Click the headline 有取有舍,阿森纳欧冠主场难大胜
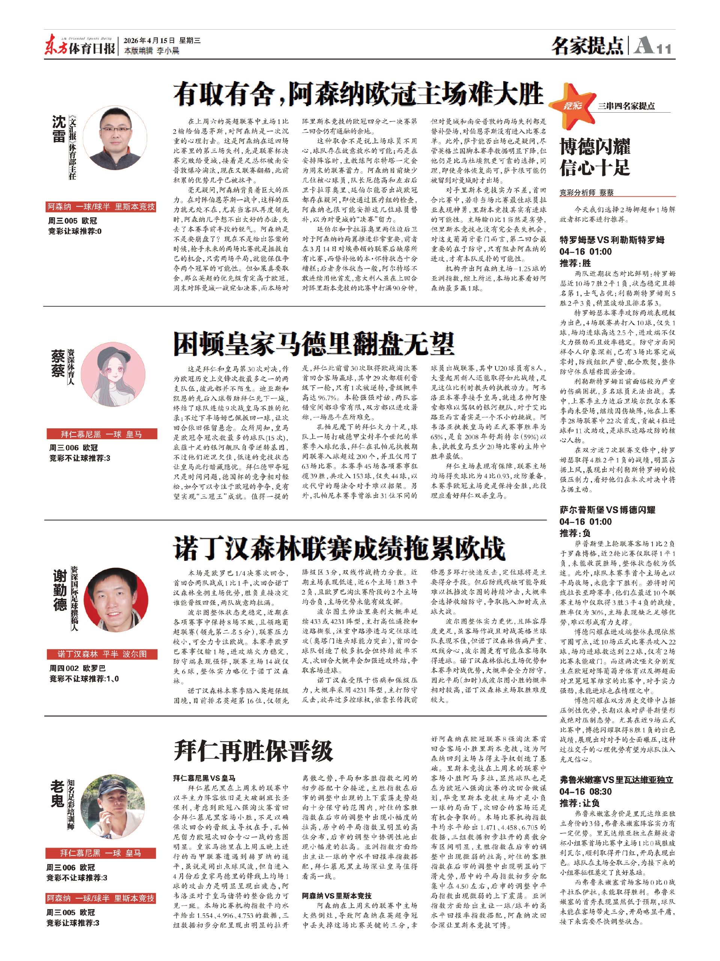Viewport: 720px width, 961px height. click(x=358, y=94)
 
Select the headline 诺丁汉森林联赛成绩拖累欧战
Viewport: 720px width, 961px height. click(x=339, y=548)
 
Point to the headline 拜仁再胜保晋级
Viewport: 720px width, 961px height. click(x=253, y=750)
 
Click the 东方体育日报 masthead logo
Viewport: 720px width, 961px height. click(x=80, y=46)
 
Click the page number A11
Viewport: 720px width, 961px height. click(x=653, y=46)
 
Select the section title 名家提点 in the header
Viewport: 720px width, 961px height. click(x=587, y=46)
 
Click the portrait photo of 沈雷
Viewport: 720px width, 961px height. click(x=115, y=138)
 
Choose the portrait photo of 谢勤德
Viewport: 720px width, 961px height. click(x=116, y=599)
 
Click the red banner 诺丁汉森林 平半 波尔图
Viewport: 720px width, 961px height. click(x=102, y=654)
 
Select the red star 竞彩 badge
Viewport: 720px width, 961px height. click(x=572, y=105)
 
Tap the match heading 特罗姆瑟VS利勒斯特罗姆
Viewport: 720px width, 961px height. click(x=612, y=240)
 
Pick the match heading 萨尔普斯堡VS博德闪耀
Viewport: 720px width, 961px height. click(x=607, y=510)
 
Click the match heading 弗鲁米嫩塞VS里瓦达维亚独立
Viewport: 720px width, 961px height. click(x=616, y=780)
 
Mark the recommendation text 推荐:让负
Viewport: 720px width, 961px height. click(x=579, y=803)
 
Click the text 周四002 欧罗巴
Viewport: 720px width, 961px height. click(x=77, y=668)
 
